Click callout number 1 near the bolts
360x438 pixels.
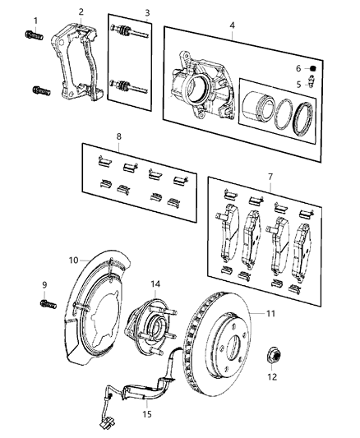coord(35,20)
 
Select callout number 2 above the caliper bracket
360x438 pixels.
coord(81,12)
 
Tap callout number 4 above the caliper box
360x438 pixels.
coord(232,25)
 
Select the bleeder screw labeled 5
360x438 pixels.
coord(312,82)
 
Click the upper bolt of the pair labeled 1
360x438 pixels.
coord(35,35)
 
